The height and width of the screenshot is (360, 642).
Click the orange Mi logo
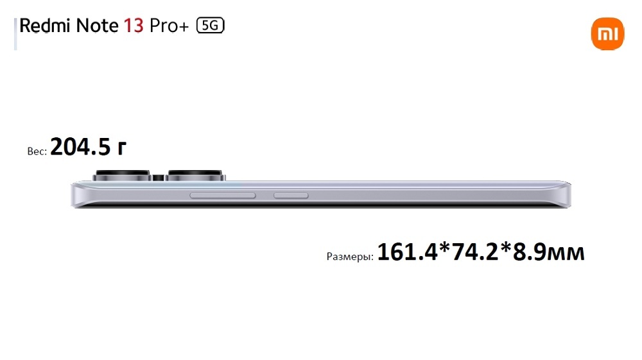pos(607,33)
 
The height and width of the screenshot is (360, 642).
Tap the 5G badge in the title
pos(211,26)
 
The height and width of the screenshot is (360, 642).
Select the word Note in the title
pos(98,26)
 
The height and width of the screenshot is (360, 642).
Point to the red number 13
pos(134,26)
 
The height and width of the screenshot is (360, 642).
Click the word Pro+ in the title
pos(169,26)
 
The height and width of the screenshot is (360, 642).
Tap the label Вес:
pos(37,151)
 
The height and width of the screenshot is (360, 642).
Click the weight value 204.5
pos(81,146)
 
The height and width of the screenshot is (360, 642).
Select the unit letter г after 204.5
pos(121,148)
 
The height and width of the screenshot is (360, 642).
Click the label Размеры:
pos(350,257)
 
